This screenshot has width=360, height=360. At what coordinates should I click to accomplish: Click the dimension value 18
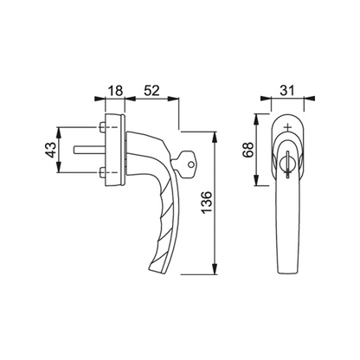pyautogui.click(x=115, y=91)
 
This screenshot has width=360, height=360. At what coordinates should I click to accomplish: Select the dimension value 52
pyautogui.click(x=151, y=91)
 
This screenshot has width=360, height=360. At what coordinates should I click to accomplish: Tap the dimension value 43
pyautogui.click(x=51, y=150)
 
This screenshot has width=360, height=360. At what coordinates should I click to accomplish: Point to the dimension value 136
pyautogui.click(x=207, y=202)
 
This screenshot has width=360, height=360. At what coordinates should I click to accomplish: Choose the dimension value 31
pyautogui.click(x=287, y=91)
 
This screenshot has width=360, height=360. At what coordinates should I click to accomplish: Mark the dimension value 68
pyautogui.click(x=248, y=150)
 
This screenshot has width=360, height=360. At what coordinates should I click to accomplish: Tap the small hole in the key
pyautogui.click(x=190, y=164)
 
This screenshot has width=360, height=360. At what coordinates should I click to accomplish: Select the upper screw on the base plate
pyautogui.click(x=102, y=127)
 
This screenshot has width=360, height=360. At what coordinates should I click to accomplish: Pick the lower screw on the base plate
pyautogui.click(x=102, y=173)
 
